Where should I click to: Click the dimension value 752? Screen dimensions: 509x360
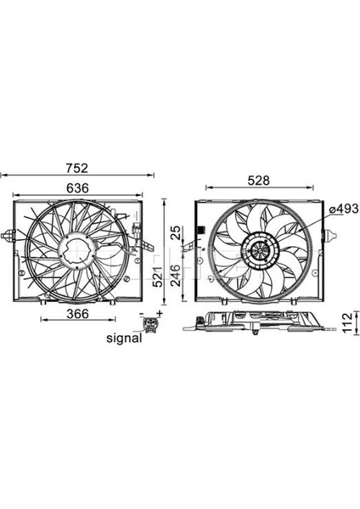click(78, 167)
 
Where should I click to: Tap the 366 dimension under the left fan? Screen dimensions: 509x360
click(78, 313)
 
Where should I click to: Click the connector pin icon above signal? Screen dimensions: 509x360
click(153, 324)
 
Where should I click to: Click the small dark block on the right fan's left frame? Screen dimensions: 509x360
click(200, 230)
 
